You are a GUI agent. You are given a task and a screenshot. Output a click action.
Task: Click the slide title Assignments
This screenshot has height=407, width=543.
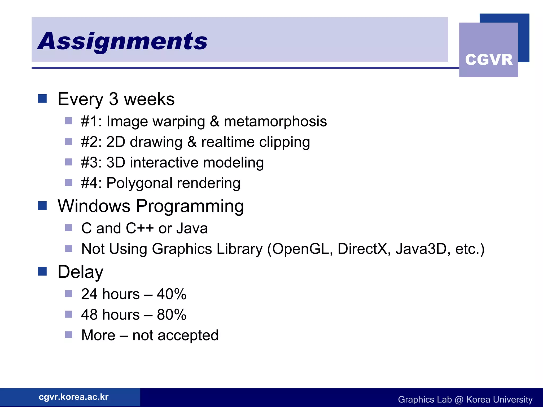tap(122, 41)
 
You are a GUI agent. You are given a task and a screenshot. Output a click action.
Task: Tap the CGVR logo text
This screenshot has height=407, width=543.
tap(489, 60)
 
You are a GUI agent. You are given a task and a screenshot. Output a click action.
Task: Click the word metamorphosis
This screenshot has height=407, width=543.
tap(275, 122)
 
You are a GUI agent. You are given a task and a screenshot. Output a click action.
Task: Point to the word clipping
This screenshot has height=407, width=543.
tap(284, 142)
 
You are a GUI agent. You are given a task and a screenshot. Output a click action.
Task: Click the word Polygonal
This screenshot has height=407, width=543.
tap(139, 183)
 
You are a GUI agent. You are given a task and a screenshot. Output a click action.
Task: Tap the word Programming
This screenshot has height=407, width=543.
tap(190, 206)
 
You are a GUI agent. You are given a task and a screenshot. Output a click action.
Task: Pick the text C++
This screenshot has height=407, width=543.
tap(140, 228)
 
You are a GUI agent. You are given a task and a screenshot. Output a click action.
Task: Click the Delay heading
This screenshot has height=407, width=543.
tap(80, 272)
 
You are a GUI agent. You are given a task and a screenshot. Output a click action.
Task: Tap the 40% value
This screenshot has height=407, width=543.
tap(172, 294)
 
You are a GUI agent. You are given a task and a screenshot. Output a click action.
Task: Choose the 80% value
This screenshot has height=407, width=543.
tap(172, 315)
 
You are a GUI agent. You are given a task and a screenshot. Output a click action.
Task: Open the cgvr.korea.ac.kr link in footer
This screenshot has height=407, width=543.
tap(74, 397)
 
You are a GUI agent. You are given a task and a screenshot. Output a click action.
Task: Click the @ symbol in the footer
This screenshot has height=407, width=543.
tap(459, 400)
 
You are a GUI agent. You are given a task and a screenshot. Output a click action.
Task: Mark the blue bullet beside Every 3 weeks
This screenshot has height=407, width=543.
tap(42, 99)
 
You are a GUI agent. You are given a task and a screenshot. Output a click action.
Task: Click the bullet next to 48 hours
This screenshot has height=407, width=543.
tap(69, 314)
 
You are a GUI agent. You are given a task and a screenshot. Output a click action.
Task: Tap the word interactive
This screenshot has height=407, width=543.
tap(164, 162)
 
